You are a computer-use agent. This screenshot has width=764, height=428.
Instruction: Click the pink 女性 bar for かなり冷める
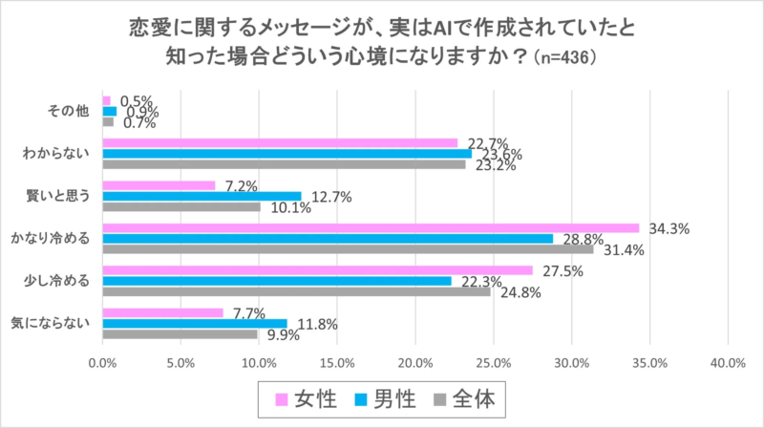coord(371,228)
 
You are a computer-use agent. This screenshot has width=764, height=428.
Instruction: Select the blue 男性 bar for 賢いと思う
coord(202,196)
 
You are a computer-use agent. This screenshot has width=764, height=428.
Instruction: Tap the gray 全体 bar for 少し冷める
coord(296,291)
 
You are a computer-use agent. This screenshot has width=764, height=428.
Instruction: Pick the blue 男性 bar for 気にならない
coord(195,323)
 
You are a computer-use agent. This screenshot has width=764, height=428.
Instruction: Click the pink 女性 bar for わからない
coord(280,143)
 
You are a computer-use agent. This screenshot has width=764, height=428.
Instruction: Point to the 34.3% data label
coord(665,229)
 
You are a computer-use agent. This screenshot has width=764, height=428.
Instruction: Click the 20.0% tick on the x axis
coord(415,363)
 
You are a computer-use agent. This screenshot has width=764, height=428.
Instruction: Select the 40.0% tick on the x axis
coord(728,363)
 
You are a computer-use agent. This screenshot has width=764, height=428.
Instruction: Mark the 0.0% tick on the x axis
coord(102,363)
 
